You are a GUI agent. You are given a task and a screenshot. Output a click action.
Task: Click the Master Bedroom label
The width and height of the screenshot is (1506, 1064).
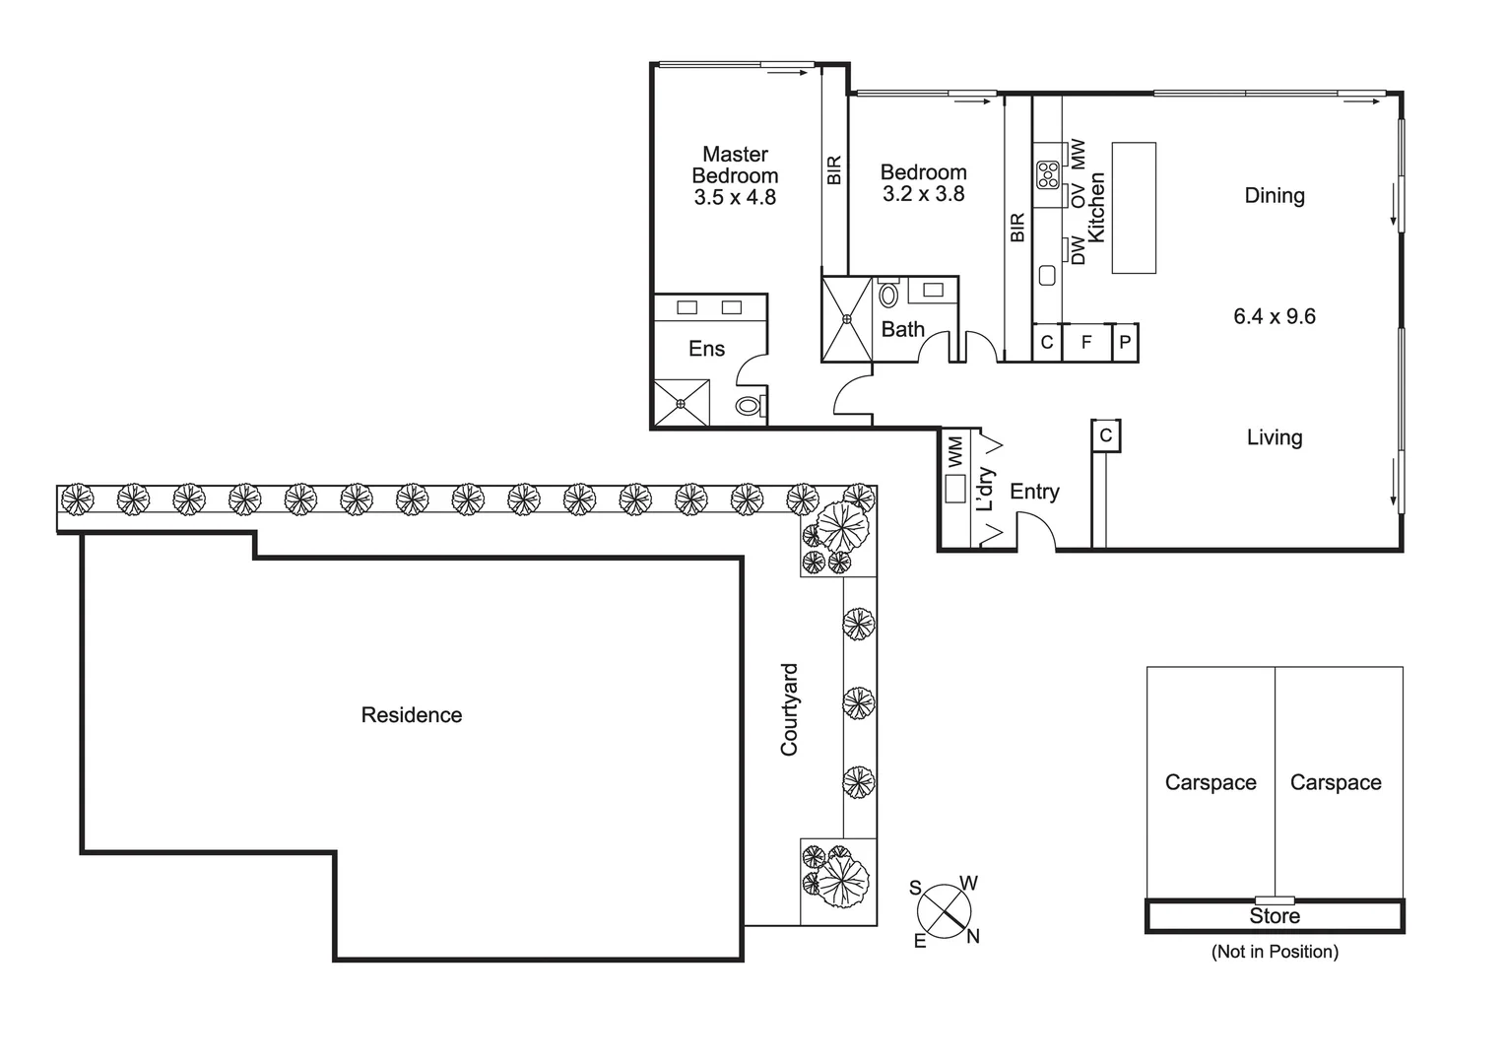tap(735, 165)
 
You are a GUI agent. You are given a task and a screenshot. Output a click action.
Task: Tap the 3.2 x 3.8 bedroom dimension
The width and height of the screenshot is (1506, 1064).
tap(923, 194)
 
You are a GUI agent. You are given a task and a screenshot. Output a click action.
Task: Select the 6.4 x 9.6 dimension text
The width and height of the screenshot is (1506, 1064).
tap(1274, 316)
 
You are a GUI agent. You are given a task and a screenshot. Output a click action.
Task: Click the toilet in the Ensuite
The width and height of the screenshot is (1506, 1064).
tap(749, 405)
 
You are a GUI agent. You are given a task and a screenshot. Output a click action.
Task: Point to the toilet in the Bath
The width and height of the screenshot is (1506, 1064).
tap(887, 295)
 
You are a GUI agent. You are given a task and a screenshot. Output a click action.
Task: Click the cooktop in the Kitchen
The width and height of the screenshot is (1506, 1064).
tap(1046, 175)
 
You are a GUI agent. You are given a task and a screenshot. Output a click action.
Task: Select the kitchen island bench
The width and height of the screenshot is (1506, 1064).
tap(1134, 208)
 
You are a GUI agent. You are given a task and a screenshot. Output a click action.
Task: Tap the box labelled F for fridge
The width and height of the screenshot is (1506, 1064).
tap(1086, 343)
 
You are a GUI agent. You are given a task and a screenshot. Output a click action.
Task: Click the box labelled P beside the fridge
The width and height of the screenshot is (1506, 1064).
tap(1126, 343)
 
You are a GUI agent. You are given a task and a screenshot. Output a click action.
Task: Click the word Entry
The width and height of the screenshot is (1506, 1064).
tap(1034, 492)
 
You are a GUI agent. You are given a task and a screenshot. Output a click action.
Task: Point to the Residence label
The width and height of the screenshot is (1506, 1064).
tap(411, 715)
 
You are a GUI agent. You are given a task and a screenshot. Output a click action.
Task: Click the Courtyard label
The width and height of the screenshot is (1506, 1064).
tap(789, 709)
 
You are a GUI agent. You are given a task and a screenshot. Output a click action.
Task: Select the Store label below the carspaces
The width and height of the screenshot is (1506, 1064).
tap(1274, 916)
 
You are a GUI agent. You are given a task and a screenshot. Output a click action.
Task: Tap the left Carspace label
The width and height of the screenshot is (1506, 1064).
tap(1210, 782)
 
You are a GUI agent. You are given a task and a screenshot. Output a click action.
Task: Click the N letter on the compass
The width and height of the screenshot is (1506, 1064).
tap(973, 936)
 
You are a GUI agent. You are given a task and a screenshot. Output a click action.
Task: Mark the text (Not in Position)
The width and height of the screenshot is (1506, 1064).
tap(1274, 952)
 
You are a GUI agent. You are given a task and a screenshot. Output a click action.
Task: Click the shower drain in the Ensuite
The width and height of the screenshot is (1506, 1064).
tap(680, 403)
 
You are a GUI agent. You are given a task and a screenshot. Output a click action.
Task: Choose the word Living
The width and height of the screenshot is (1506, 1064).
tap(1274, 437)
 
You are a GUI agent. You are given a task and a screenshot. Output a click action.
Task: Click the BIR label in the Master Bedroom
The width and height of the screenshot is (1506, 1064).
tap(834, 170)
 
